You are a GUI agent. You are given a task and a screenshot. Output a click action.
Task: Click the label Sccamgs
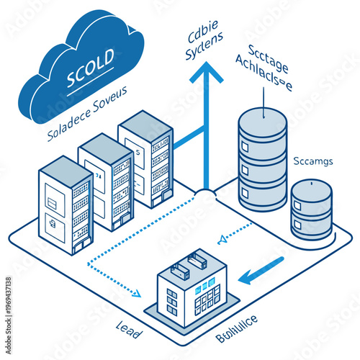point(313,161)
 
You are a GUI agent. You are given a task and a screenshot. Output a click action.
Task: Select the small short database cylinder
point(312,209)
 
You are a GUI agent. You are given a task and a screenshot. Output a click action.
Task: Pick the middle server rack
point(106,180)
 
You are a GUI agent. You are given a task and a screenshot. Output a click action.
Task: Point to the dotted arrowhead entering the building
point(136,292)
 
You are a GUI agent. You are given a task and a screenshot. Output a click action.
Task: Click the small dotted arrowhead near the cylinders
point(222,238)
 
